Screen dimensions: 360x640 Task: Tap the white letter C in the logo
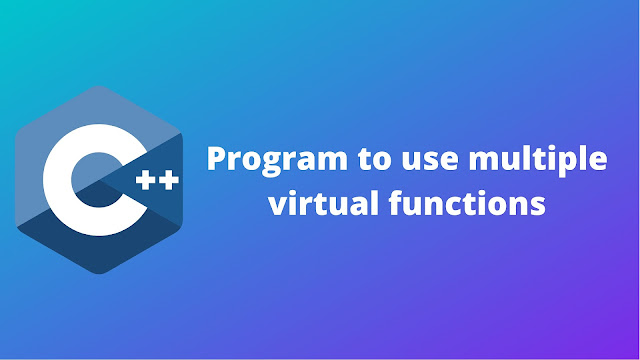(x=84, y=180)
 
